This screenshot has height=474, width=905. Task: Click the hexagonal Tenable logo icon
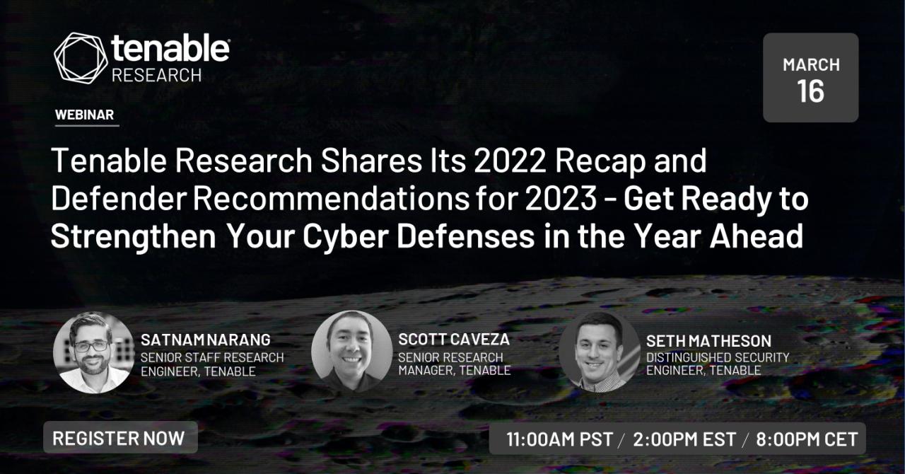point(81,58)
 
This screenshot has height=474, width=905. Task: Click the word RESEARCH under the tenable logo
point(157,75)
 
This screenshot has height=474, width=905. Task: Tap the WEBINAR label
point(84,115)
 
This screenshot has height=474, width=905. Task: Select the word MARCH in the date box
point(811,64)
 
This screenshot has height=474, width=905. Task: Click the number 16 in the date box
point(810,91)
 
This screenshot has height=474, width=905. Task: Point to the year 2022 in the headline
point(510,161)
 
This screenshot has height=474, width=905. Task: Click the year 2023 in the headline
point(561,199)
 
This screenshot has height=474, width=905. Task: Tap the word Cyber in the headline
point(346,236)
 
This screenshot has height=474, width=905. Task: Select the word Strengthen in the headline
point(134,236)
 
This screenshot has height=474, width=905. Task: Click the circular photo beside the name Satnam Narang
point(94,352)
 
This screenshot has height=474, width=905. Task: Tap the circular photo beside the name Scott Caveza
point(351,351)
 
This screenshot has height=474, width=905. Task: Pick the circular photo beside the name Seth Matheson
point(600,352)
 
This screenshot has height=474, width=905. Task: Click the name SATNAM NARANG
point(206,340)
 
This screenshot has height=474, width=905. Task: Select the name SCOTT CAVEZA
point(454,340)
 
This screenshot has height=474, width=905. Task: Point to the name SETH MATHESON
point(708,341)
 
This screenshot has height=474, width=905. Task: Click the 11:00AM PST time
point(559,439)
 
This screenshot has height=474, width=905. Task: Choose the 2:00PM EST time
point(684,439)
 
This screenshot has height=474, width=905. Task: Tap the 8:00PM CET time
point(807,439)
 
